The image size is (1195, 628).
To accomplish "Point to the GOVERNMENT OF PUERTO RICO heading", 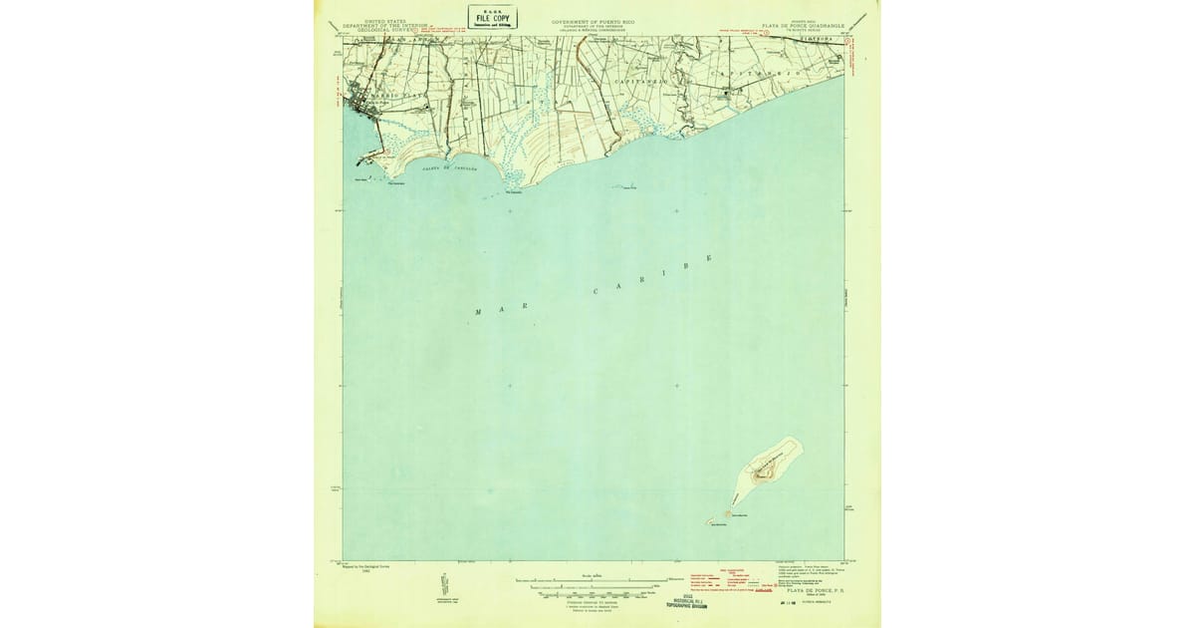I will tap(592, 20).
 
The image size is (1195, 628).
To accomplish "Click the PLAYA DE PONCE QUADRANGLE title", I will tap(803, 26).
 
